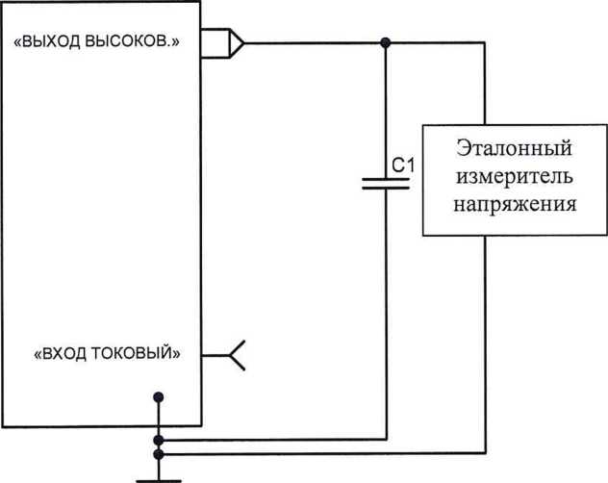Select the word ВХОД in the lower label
tap(63, 352)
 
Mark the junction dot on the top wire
tap(385, 42)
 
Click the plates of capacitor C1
tap(385, 183)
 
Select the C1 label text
tap(404, 165)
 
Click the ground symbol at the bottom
tap(159, 475)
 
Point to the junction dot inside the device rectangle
tap(159, 396)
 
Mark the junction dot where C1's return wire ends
tap(159, 439)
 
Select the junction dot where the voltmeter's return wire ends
tap(159, 452)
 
